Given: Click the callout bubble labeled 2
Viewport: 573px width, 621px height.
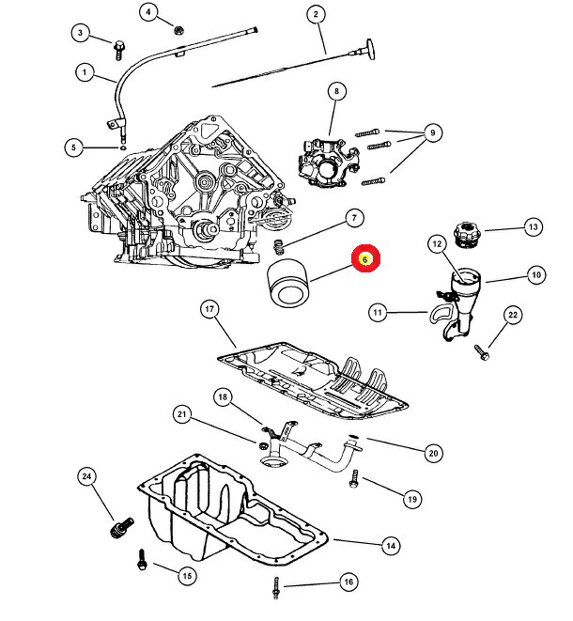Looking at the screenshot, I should [x=316, y=14].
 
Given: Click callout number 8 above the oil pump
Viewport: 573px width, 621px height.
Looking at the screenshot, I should [x=333, y=91].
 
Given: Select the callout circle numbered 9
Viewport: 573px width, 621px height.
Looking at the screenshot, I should [x=431, y=133].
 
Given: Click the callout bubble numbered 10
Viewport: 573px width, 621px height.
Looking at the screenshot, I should [x=535, y=276].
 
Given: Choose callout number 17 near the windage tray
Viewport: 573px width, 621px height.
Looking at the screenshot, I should [x=209, y=309].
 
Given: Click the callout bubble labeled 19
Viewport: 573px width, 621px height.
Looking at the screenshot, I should [x=411, y=500].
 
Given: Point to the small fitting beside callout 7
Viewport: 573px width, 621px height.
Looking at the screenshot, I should [x=278, y=248].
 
